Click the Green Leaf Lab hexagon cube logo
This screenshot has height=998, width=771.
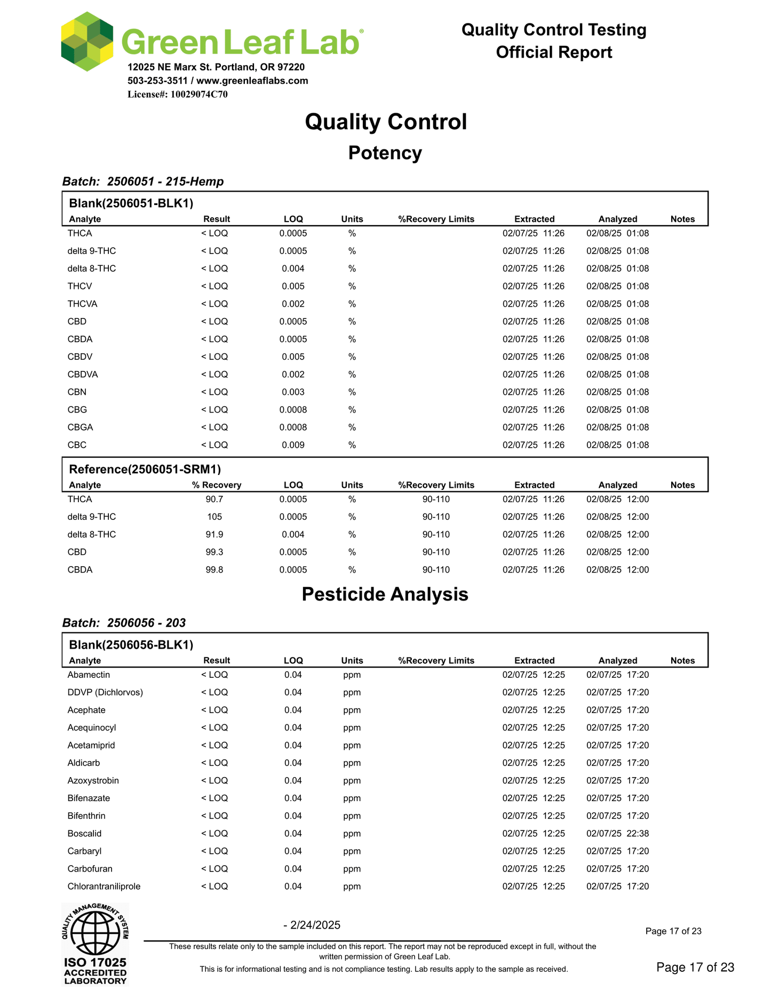coord(87,42)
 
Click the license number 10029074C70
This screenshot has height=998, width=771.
coord(198,94)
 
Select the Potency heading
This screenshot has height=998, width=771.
coord(385,153)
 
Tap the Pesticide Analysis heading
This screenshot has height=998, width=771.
coord(385,594)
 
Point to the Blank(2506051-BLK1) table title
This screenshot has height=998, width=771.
coord(131,203)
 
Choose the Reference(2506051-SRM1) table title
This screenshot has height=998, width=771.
coord(145,469)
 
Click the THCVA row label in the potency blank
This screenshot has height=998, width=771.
coord(82,304)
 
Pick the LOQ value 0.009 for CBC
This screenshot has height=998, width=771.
coord(293,445)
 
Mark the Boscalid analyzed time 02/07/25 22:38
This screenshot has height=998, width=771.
coord(617,834)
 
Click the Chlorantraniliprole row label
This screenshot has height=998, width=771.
coord(104,886)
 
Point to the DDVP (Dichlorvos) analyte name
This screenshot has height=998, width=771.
coord(105,693)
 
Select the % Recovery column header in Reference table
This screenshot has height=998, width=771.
coord(217,485)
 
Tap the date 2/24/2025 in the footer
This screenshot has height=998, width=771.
coord(315,925)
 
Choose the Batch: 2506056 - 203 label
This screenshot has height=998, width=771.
coord(124,623)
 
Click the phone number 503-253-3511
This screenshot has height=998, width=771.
coord(157,81)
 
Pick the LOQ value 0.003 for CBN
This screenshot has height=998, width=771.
coord(293,392)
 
